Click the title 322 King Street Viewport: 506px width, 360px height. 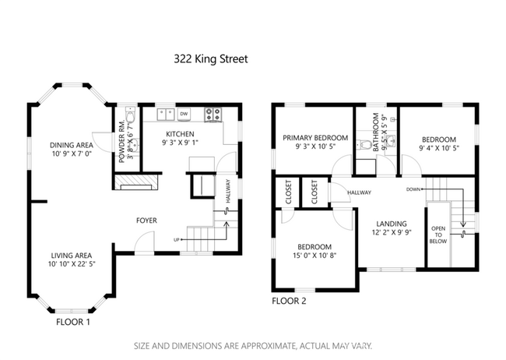click(x=209, y=58)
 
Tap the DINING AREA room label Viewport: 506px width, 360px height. click(x=71, y=144)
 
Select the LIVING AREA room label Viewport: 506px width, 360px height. click(x=71, y=255)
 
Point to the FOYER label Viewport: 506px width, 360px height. click(x=146, y=221)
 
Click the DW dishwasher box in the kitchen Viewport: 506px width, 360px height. click(x=184, y=115)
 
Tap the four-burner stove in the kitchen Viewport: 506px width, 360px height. click(x=213, y=115)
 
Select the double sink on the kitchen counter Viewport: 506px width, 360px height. click(x=164, y=115)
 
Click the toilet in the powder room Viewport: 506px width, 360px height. click(x=131, y=118)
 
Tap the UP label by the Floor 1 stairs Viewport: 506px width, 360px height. click(x=177, y=239)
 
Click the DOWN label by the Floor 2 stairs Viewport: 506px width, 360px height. click(x=413, y=189)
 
